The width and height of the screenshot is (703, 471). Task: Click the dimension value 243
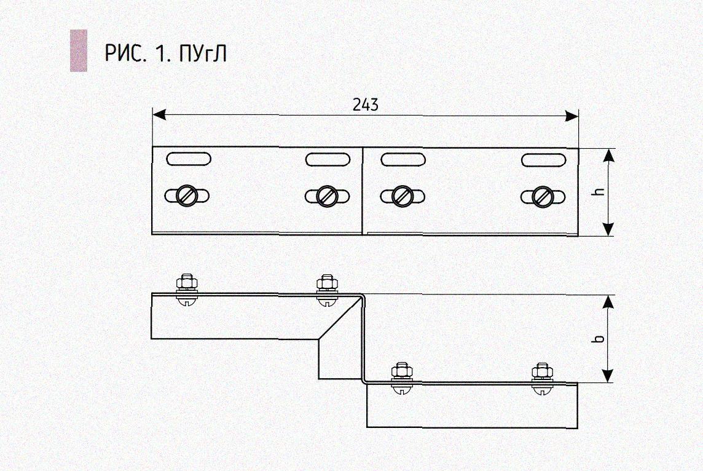(365, 105)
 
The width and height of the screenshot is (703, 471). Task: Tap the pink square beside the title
(78, 50)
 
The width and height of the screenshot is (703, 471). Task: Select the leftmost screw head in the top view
(186, 196)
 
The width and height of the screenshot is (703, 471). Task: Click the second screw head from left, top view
(327, 196)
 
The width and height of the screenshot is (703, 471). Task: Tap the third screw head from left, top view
(402, 196)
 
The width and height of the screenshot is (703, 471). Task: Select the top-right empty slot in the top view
(543, 159)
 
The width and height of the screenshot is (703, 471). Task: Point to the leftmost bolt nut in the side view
(186, 283)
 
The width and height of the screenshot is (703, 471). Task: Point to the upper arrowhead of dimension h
(608, 155)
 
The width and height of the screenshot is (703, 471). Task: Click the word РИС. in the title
(126, 54)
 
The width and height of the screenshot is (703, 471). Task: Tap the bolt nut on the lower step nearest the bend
(402, 371)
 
